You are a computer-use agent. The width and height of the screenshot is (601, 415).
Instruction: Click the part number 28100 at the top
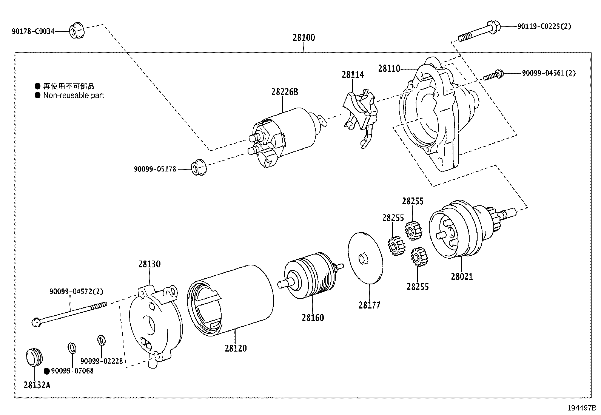pyautogui.click(x=304, y=38)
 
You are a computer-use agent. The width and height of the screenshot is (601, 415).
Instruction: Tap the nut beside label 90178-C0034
pyautogui.click(x=77, y=31)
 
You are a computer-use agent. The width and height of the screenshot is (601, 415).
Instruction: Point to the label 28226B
pyautogui.click(x=285, y=92)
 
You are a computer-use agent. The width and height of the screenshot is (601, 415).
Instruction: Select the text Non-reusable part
pyautogui.click(x=73, y=96)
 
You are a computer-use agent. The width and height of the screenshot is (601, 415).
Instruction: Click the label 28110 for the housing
pyautogui.click(x=389, y=68)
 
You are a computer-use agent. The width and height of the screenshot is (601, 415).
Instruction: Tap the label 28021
pyautogui.click(x=461, y=276)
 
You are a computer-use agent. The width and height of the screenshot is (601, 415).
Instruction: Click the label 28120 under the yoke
pyautogui.click(x=236, y=348)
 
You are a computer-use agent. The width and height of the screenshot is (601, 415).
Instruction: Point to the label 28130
pyautogui.click(x=149, y=264)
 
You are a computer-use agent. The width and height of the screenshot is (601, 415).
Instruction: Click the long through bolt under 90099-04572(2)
pyautogui.click(x=70, y=313)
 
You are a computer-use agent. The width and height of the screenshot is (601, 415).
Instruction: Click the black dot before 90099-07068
pyautogui.click(x=47, y=371)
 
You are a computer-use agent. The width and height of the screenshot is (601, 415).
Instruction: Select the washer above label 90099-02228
pyautogui.click(x=101, y=339)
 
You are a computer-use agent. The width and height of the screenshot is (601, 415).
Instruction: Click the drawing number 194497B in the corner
pyautogui.click(x=581, y=408)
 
